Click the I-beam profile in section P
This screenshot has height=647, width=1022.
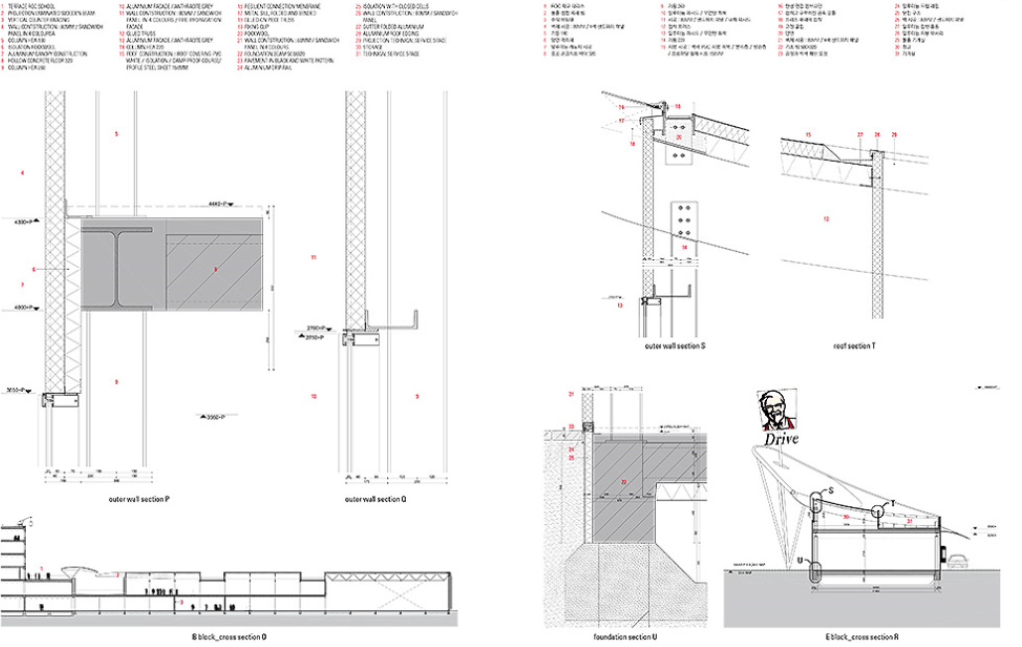[x=120, y=269]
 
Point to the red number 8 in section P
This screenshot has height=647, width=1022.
[x=214, y=269]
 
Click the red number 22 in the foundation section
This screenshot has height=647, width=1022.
[x=624, y=482]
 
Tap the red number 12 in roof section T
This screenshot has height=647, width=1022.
[x=826, y=219]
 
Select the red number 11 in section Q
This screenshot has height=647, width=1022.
[x=313, y=258]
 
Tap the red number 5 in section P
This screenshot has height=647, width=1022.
[x=116, y=133]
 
